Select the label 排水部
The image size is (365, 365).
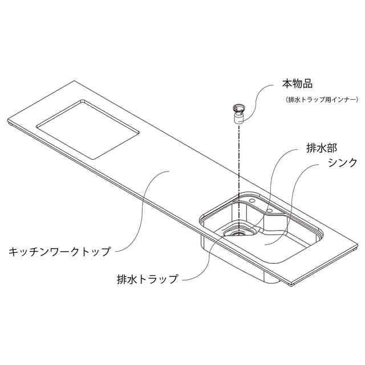pos(313,150)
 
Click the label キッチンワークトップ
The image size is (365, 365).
pos(59,251)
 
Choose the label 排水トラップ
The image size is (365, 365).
pos(147,279)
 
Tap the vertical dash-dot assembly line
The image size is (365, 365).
pos(238,165)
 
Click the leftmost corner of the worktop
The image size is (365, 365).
pos(7,121)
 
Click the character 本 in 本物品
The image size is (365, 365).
pos(287,84)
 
